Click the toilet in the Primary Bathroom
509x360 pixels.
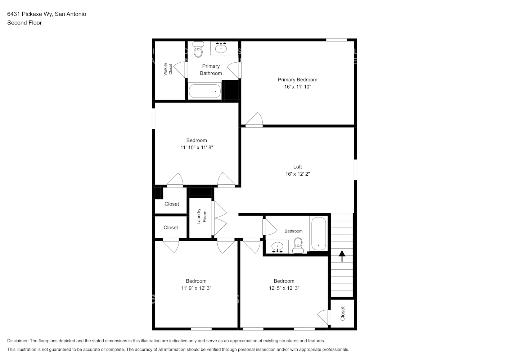pyautogui.click(x=198, y=50)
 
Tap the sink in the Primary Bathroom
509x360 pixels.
pyautogui.click(x=221, y=48)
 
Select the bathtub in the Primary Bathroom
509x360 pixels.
pyautogui.click(x=204, y=91)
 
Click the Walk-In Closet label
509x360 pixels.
pyautogui.click(x=168, y=69)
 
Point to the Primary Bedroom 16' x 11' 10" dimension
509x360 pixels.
pyautogui.click(x=297, y=87)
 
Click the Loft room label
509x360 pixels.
pyautogui.click(x=297, y=167)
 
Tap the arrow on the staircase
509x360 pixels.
pyautogui.click(x=342, y=256)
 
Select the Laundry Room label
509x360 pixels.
pyautogui.click(x=202, y=216)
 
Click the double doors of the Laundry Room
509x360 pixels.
pyautogui.click(x=220, y=219)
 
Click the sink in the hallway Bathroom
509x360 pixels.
pyautogui.click(x=278, y=247)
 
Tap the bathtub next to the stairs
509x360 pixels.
pyautogui.click(x=319, y=234)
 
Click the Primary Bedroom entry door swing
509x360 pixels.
pyautogui.click(x=255, y=120)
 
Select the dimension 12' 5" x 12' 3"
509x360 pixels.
pyautogui.click(x=284, y=288)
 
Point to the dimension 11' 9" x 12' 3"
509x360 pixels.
pyautogui.click(x=196, y=288)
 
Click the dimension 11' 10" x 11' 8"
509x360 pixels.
pyautogui.click(x=197, y=147)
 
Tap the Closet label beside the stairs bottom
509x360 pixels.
pyautogui.click(x=342, y=314)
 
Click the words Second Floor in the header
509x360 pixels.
pyautogui.click(x=24, y=23)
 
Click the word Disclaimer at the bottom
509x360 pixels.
pyautogui.click(x=18, y=341)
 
